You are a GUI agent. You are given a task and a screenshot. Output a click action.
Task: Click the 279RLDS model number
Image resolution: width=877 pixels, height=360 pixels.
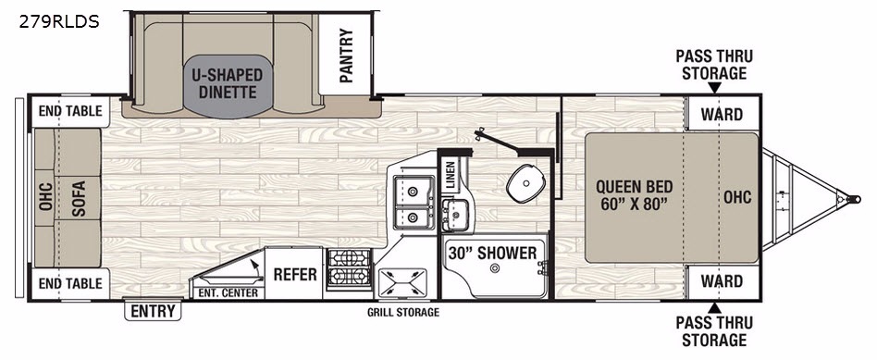point(58,22)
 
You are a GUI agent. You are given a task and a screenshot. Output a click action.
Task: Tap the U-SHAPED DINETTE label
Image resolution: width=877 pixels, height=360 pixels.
point(229,83)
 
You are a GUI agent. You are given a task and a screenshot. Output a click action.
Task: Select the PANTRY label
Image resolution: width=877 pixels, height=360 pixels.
point(346,56)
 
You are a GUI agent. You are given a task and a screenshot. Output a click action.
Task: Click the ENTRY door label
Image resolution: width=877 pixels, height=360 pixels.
point(153,311)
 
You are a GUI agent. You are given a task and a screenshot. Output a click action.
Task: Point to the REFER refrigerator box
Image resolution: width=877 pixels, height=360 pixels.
point(294,274)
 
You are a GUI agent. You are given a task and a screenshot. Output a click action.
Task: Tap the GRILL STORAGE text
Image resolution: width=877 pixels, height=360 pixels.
point(403,313)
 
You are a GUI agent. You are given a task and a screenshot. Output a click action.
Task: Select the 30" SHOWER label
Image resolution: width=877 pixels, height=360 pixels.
point(492,253)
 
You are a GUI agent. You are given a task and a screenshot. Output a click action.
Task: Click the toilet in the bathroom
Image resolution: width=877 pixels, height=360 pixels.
point(524,180)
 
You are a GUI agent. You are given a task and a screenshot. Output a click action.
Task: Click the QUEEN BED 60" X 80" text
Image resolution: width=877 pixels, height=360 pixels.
point(634,193)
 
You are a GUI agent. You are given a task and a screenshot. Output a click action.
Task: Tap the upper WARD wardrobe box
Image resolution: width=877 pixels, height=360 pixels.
point(722,114)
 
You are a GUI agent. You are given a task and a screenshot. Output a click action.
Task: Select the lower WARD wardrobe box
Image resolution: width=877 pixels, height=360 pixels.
point(722,281)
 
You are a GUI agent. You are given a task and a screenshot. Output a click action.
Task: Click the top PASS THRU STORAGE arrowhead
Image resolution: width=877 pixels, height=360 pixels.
point(714,88)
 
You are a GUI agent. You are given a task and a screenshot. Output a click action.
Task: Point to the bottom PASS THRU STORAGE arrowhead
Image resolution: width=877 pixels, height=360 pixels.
point(714,307)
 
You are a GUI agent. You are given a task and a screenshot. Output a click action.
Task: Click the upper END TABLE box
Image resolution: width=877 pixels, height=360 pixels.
point(70,111)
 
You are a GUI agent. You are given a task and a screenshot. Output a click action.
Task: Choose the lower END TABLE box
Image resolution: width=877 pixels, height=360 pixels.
point(70,284)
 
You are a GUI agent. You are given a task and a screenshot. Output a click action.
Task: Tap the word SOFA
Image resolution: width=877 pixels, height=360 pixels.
point(79,198)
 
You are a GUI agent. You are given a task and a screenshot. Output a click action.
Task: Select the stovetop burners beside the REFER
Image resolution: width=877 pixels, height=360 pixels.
point(349,268)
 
